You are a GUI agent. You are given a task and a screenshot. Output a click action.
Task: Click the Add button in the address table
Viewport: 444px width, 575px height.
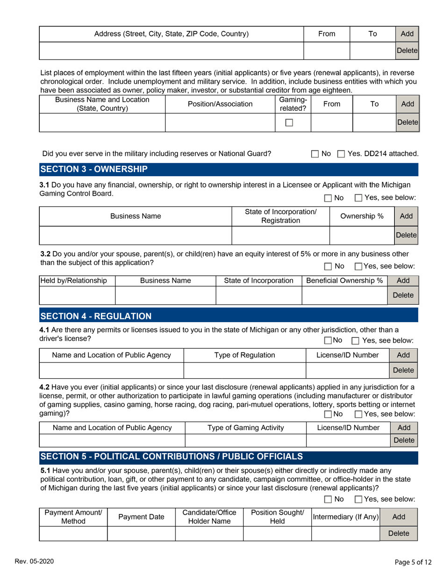pyautogui.click(x=407, y=34)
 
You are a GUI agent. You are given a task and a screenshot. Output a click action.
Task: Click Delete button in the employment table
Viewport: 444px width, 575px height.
pyautogui.click(x=407, y=122)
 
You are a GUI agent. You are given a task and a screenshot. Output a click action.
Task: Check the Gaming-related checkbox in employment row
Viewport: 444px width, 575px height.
pyautogui.click(x=289, y=122)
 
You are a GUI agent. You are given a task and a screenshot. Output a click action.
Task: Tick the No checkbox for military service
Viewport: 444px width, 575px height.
pyautogui.click(x=315, y=154)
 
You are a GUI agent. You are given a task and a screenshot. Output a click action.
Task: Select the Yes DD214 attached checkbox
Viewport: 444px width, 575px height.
pyautogui.click(x=341, y=154)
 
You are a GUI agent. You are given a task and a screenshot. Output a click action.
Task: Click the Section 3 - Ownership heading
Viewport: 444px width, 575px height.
pyautogui.click(x=94, y=169)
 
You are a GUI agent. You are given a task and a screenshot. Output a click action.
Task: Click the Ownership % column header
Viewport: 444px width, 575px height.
pyautogui.click(x=362, y=216)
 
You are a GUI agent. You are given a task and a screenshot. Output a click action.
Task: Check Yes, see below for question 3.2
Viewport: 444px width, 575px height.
pyautogui.click(x=358, y=266)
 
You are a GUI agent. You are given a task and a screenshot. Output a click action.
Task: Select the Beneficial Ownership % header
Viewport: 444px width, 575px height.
pyautogui.click(x=345, y=280)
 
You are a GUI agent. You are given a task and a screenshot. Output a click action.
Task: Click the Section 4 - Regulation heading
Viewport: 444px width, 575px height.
pyautogui.click(x=96, y=316)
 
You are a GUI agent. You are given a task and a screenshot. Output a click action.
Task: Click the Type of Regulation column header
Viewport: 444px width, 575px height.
pyautogui.click(x=244, y=355)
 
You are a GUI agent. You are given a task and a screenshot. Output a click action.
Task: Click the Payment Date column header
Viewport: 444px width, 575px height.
pyautogui.click(x=141, y=517)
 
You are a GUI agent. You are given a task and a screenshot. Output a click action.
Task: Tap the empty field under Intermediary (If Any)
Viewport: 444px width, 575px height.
pyautogui.click(x=345, y=533)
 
